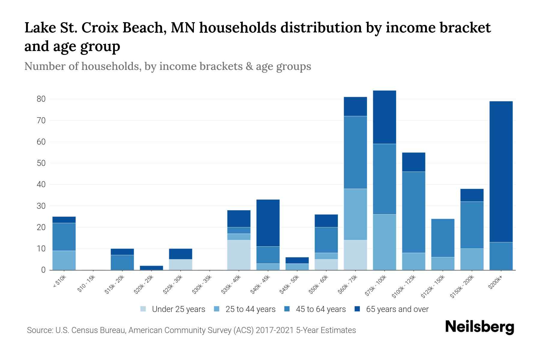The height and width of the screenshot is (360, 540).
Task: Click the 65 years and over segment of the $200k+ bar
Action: (501, 172)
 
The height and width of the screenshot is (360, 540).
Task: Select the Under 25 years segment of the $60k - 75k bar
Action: (355, 255)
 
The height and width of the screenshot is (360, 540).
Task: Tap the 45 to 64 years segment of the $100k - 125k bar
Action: (413, 212)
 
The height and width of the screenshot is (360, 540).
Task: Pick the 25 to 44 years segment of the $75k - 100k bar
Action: (384, 242)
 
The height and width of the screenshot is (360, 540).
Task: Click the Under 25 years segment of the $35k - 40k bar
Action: (239, 255)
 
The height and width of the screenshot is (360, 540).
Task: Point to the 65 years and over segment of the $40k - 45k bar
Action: (268, 223)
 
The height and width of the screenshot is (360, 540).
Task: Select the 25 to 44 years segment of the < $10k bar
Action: (64, 260)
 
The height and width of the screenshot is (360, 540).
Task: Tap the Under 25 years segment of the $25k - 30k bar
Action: (181, 265)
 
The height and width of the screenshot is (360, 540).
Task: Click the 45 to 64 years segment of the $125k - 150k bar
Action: (442, 238)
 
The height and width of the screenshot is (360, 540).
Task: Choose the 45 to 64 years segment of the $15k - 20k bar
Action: (122, 262)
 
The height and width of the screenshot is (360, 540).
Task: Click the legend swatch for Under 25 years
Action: (143, 309)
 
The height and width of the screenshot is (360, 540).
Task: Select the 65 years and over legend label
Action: (397, 309)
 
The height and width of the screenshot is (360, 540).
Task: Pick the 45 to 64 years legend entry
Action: (321, 309)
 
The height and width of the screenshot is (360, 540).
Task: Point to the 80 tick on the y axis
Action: (41, 99)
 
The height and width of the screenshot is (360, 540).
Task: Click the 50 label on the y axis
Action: (41, 163)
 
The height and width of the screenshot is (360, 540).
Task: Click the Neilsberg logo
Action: (479, 327)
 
